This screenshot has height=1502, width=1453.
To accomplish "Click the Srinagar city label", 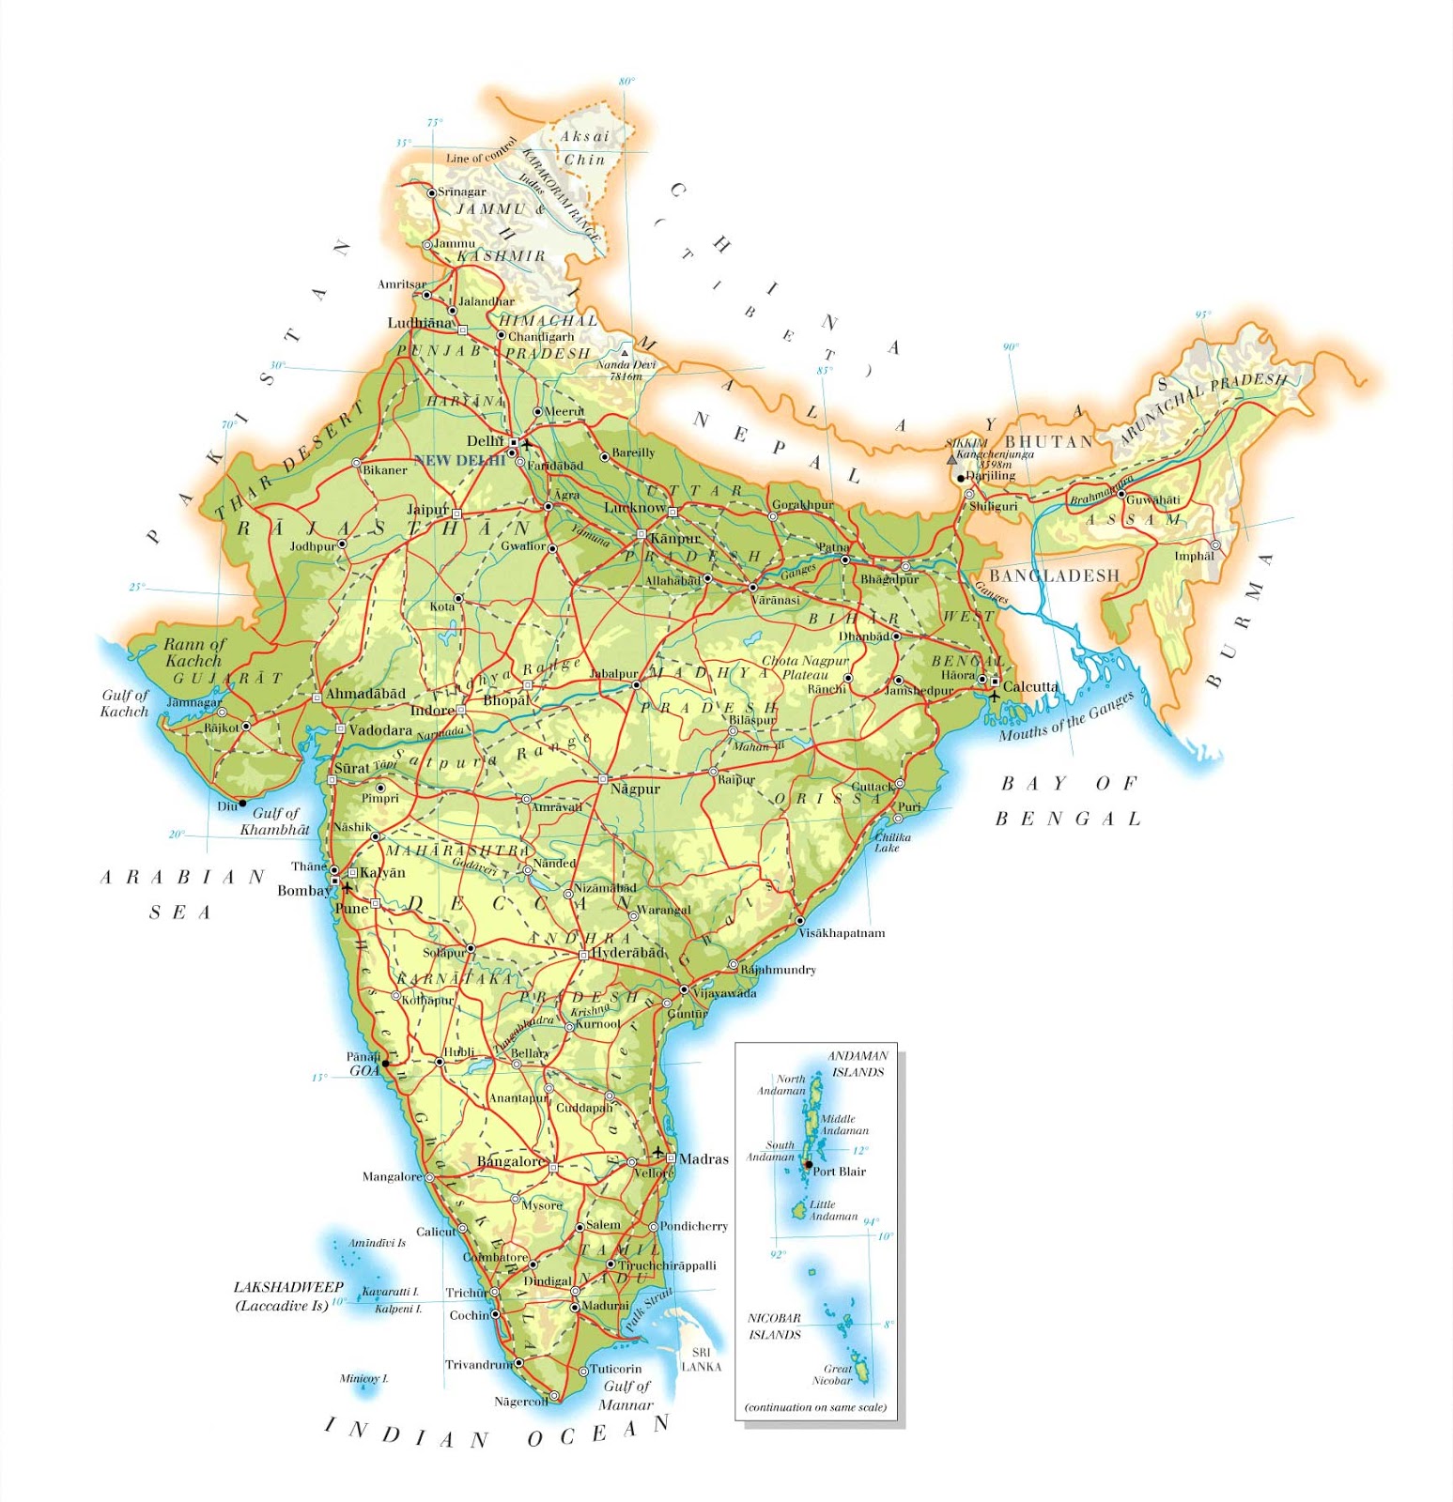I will [x=462, y=192].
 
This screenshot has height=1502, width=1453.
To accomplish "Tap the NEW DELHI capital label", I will [x=459, y=460].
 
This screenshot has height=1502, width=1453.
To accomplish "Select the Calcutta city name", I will [x=1030, y=686].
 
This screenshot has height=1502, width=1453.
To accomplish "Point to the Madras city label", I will [x=703, y=1159].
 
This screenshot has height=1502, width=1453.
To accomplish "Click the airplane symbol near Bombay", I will [x=348, y=886].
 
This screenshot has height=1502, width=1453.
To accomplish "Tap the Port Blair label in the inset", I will [x=839, y=1172].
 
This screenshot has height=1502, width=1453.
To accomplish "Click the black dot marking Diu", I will [x=242, y=804].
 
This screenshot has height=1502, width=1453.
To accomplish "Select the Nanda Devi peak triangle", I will [x=625, y=353].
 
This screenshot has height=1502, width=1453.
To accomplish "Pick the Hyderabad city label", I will [x=627, y=953].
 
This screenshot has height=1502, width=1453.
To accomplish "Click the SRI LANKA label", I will [x=701, y=1359].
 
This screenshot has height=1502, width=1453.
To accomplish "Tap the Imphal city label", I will [x=1194, y=556].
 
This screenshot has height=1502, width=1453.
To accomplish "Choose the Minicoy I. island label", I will [x=363, y=1379].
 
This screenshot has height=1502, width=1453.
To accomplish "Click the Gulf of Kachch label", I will [x=125, y=703].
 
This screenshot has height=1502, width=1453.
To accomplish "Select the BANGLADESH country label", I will [x=1054, y=575].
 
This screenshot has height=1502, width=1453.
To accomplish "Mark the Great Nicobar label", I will [x=833, y=1374].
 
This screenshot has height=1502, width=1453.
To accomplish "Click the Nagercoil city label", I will [x=521, y=1402].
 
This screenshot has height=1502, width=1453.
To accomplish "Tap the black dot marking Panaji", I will [x=385, y=1064].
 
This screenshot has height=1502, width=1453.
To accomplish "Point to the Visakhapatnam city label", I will [x=842, y=933].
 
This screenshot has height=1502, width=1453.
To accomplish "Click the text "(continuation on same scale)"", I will [x=815, y=1407].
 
